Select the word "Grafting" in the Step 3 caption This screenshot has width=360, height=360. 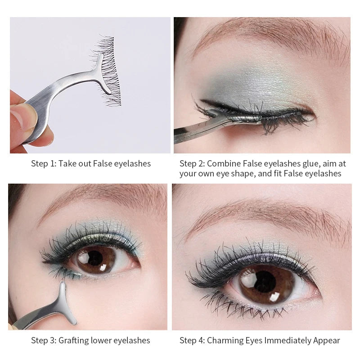tap(75, 340)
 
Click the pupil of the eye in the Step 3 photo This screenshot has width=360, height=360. tap(95, 258)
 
